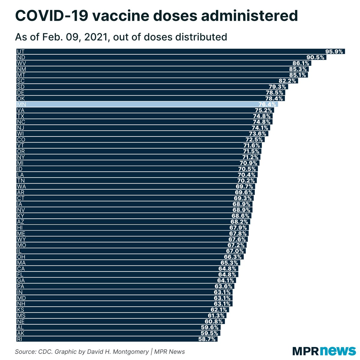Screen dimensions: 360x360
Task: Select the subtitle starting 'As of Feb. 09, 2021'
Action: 121,37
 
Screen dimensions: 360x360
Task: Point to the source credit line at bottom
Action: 100,352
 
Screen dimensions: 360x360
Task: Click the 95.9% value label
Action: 334,52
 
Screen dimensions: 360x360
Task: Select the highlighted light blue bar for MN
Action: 147,104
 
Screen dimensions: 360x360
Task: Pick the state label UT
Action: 21,52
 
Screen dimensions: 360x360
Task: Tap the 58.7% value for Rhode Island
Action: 207,339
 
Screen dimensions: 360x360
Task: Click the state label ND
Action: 21,57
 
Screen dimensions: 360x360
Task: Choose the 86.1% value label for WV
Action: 301,63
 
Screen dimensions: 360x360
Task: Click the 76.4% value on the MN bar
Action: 267,104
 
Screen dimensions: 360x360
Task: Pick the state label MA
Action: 21,263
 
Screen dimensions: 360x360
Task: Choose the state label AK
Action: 21,333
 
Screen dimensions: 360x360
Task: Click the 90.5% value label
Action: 315,57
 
